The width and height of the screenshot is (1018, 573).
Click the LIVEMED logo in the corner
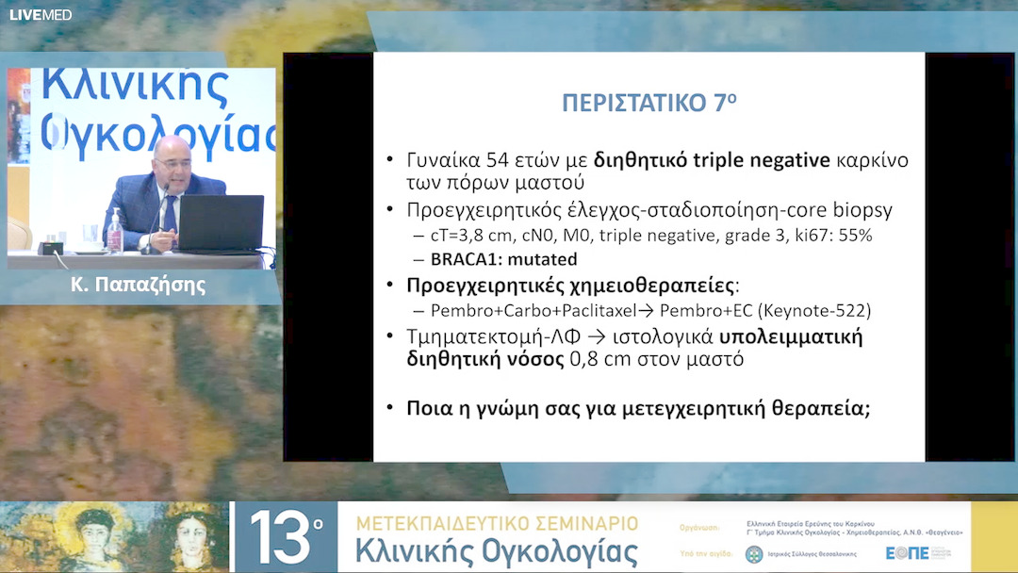(x=41, y=14)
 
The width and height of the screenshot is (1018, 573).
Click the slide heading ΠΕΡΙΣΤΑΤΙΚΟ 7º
(x=649, y=103)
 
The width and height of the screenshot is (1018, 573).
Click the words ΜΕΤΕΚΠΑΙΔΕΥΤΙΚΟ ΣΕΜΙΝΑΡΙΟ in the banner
(x=497, y=523)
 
